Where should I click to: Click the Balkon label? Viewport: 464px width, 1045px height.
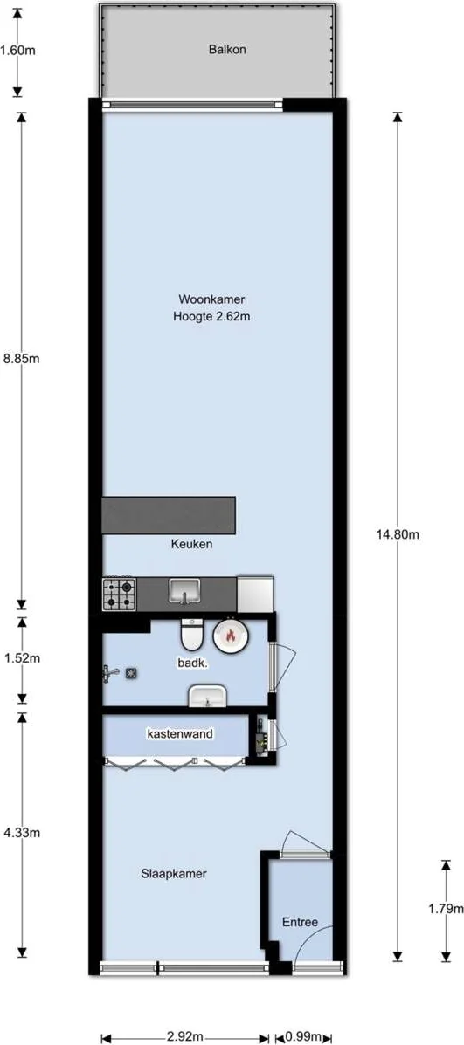227,50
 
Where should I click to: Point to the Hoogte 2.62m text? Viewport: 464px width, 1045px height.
212,317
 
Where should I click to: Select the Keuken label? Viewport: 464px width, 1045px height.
191,544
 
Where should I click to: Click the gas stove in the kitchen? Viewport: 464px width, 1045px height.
120,594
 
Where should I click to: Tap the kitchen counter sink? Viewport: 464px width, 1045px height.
184,592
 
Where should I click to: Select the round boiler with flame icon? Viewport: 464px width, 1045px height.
231,636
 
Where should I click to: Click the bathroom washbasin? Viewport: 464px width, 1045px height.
208,695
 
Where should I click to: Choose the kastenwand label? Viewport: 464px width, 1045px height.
179,734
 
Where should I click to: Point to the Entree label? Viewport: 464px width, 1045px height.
300,923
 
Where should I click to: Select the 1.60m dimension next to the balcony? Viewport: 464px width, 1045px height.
18,50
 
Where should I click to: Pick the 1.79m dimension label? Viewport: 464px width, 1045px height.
447,908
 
